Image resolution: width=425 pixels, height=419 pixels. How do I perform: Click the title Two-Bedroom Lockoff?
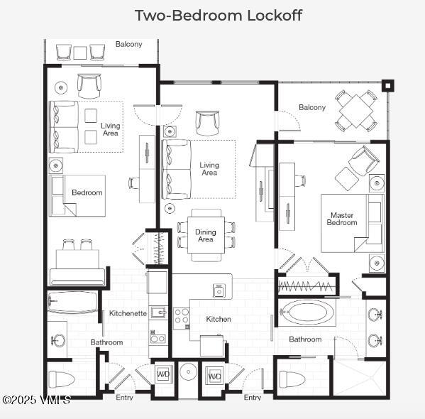click(x=218, y=15)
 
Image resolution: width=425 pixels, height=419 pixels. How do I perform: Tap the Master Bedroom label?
click(x=341, y=219)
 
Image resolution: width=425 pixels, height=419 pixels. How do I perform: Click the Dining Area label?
click(x=206, y=235)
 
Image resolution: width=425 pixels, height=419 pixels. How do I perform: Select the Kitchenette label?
click(x=128, y=313)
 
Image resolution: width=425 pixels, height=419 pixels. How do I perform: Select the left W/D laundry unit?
click(x=163, y=374)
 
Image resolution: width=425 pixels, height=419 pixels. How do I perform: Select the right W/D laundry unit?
click(x=214, y=375)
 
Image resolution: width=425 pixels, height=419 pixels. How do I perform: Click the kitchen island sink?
click(x=219, y=290)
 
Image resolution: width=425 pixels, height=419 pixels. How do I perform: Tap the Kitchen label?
click(x=219, y=320)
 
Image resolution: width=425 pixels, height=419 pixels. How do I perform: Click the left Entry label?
click(x=124, y=398)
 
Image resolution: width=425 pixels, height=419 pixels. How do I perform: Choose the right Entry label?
click(x=253, y=398)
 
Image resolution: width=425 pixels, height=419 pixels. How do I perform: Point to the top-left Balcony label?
click(x=128, y=44)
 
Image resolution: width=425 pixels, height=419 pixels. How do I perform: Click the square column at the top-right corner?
click(x=387, y=86)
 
